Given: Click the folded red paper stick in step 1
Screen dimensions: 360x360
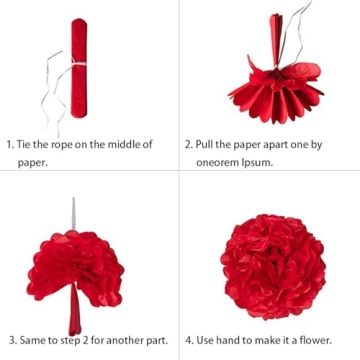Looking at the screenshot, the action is coord(79,68).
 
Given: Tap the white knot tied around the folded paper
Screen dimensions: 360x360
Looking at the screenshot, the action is coord(78,64).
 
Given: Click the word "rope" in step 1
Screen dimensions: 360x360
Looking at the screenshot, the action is coord(62,145).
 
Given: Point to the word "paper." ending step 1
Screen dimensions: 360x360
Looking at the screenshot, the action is coord(32,164).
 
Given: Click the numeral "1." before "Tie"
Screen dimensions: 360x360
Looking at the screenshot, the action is coord(11,145).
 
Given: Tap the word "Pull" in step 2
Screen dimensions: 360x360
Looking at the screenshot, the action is coord(204,145).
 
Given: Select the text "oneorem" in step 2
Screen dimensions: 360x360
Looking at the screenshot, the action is coord(217,163).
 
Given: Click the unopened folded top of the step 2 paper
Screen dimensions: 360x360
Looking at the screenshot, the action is coord(276,40).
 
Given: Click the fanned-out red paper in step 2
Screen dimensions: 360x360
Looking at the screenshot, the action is coord(276,92).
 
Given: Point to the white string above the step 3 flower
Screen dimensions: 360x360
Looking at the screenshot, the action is coord(74,213).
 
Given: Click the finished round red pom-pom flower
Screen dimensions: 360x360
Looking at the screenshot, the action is coord(273,267).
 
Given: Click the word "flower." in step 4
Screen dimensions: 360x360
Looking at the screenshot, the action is coord(316,341).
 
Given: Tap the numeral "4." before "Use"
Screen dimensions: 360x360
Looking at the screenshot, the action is coord(190,341).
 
